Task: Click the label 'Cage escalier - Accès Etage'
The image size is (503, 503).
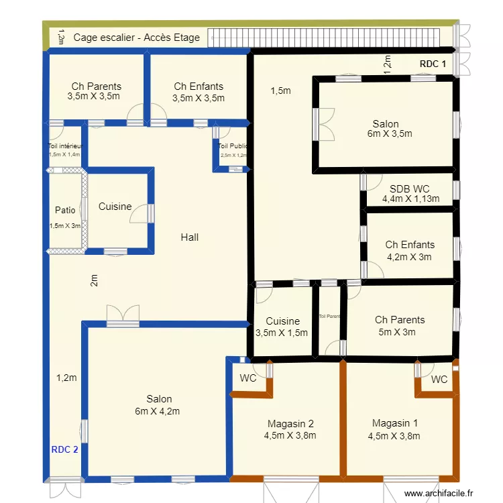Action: (136, 38)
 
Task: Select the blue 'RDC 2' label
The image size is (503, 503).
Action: (64, 449)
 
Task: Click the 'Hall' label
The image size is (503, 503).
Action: (189, 237)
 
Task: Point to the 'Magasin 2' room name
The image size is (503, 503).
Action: (290, 424)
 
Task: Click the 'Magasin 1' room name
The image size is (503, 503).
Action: (394, 423)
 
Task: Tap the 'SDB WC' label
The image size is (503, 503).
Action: (410, 188)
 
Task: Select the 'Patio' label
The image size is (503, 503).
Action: (65, 211)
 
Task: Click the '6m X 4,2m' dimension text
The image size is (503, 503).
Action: (160, 411)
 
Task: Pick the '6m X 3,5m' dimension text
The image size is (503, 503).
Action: (389, 133)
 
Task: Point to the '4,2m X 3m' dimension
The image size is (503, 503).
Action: (409, 256)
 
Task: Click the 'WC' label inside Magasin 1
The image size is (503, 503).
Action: (439, 380)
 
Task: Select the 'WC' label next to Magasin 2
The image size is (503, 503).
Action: (248, 378)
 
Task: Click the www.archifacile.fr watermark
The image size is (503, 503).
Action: (443, 494)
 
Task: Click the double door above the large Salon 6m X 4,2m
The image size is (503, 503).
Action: (123, 316)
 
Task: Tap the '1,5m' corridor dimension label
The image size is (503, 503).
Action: (281, 91)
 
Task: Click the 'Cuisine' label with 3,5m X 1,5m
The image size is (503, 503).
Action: (282, 321)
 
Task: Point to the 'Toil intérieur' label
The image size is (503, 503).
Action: (64, 146)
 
